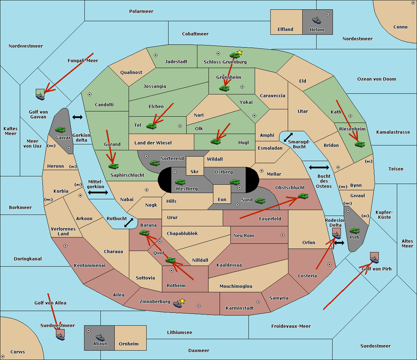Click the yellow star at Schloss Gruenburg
(239, 53)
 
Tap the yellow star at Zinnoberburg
(182, 301)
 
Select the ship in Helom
(317, 20)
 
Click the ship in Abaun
(100, 338)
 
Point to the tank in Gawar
(60, 129)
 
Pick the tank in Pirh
(354, 231)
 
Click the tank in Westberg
(180, 182)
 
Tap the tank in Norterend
(155, 163)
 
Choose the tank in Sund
(260, 201)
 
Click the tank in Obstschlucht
(303, 196)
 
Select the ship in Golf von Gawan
(40, 96)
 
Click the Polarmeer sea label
(141, 11)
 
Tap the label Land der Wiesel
(153, 143)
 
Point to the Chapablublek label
(182, 233)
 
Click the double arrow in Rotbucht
(129, 223)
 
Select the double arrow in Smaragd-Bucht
(288, 137)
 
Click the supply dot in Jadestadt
(156, 55)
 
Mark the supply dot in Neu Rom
(283, 235)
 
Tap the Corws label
(18, 352)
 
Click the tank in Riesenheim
(360, 144)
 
